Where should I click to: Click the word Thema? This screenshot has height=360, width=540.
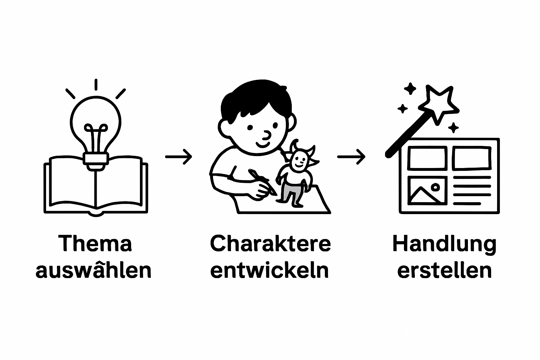coord(95,243)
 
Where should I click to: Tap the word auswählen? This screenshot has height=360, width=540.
coord(94,270)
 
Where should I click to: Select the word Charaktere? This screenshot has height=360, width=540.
coord(270,243)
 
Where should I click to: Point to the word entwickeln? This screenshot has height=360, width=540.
coord(270,270)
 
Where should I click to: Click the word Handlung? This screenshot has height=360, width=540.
coord(444,244)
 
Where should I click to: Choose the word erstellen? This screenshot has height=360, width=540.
coord(444,270)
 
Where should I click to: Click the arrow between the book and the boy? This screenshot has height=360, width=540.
coord(179,156)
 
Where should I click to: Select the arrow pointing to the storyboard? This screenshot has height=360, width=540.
coord(351,156)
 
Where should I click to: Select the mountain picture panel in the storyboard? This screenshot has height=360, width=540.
coord(426,191)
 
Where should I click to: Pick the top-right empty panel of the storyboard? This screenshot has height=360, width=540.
coord(471,158)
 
